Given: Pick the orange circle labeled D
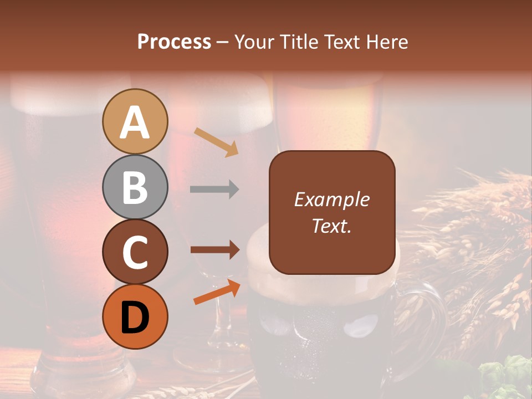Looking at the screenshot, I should [135, 316].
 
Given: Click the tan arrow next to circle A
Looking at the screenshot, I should [216, 141].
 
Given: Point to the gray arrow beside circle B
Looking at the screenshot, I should [214, 190].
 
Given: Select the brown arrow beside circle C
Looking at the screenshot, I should [215, 250].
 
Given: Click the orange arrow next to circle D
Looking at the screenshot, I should [217, 292].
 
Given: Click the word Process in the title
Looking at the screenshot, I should [174, 42].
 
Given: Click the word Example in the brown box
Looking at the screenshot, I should [331, 199].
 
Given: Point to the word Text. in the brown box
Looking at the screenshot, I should [331, 226].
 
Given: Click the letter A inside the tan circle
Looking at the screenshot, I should [135, 123].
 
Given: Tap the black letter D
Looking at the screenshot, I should [135, 318].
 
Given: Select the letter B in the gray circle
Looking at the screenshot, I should [135, 187].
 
